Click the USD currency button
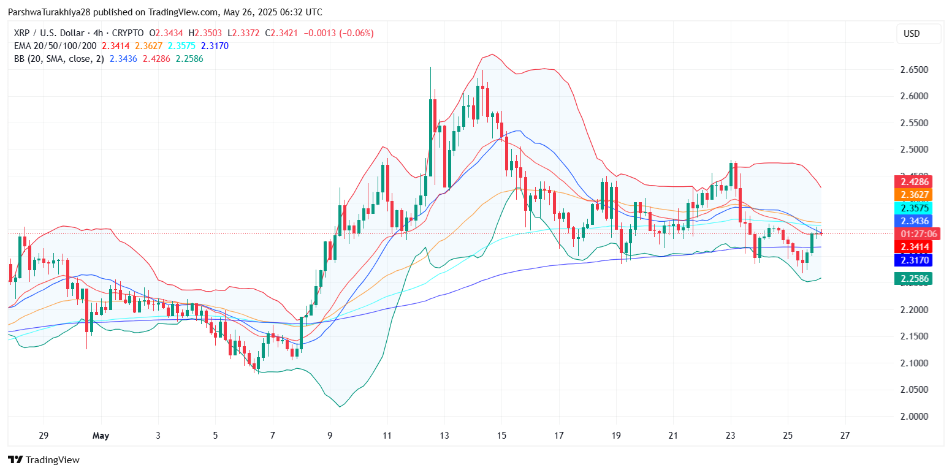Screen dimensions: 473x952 click(x=918, y=34)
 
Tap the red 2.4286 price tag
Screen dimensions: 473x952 click(x=913, y=182)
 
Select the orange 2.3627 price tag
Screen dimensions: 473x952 click(x=913, y=195)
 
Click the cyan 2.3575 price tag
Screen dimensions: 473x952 click(x=913, y=208)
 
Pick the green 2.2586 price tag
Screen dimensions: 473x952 click(x=913, y=279)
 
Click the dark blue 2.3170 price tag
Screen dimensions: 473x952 click(x=913, y=260)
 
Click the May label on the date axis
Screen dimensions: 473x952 click(x=101, y=436)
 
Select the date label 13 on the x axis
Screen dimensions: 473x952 click(x=444, y=436)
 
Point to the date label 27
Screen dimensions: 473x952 click(x=846, y=436)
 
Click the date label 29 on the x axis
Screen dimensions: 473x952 click(x=43, y=436)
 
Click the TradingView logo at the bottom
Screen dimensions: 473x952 click(x=44, y=460)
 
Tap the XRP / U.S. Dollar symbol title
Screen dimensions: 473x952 click(x=54, y=33)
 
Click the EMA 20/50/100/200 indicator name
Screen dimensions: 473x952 click(x=56, y=46)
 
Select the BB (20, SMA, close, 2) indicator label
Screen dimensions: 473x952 click(x=59, y=59)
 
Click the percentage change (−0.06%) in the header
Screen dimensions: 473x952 click(x=352, y=33)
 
